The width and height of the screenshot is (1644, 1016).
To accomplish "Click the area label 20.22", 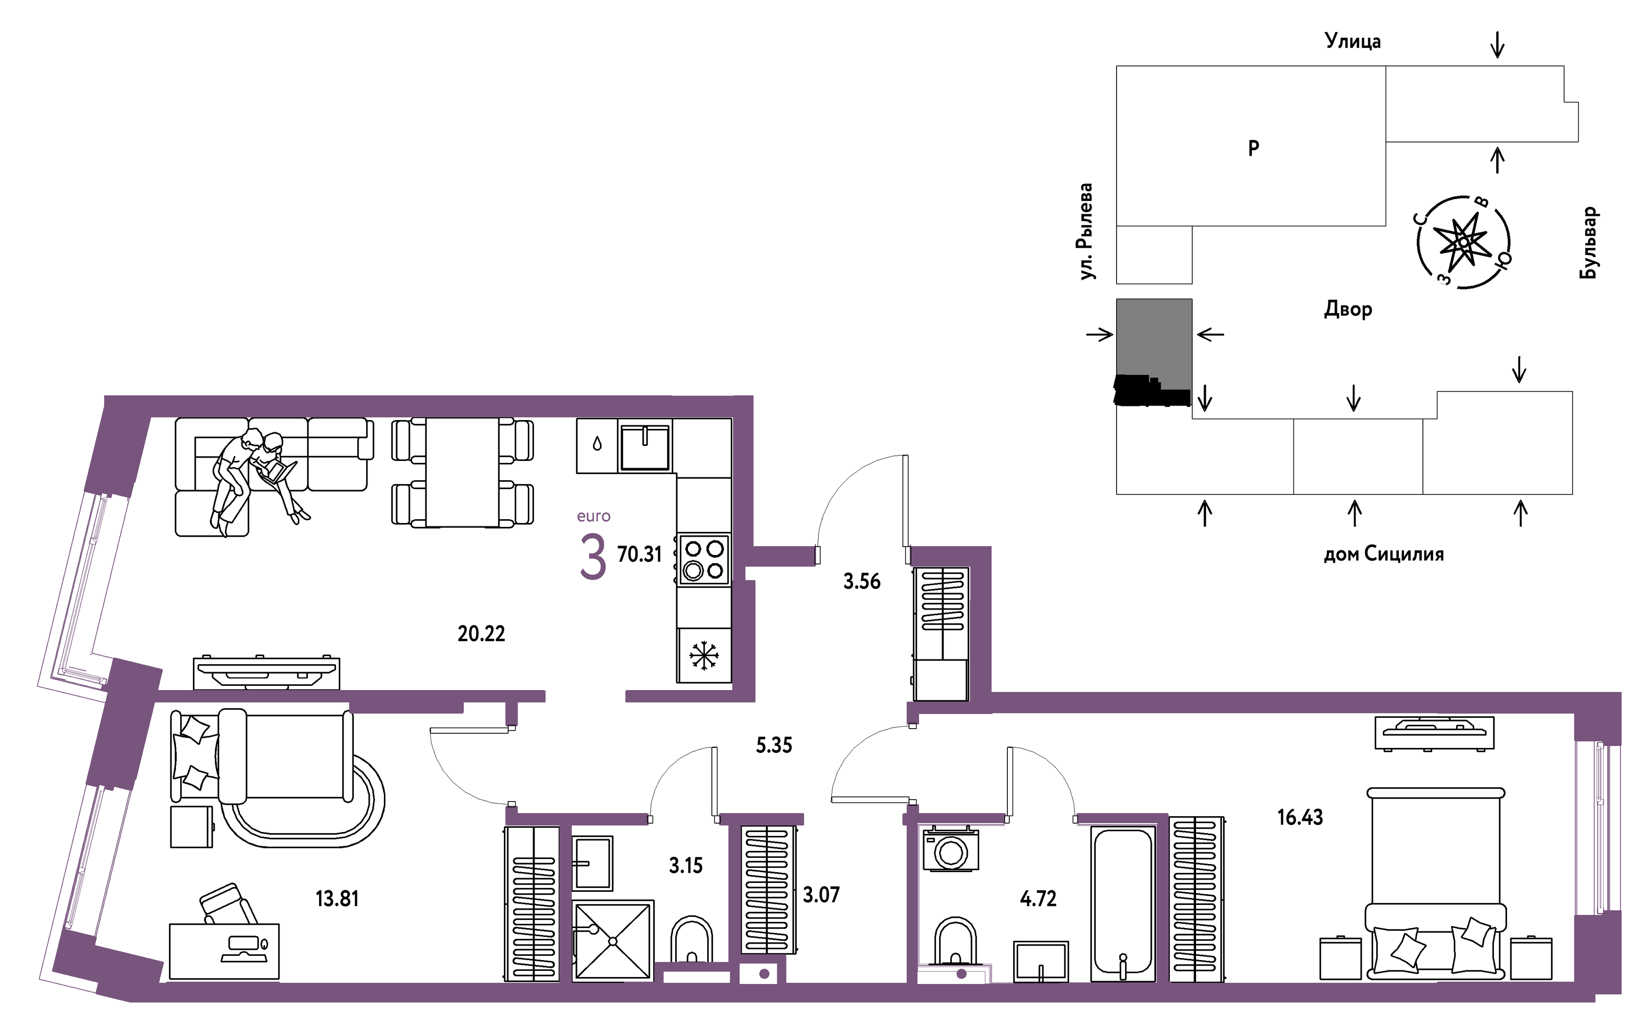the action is [481, 634].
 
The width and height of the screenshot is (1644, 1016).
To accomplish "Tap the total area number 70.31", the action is [639, 555].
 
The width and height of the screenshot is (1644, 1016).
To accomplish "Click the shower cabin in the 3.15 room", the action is [612, 941].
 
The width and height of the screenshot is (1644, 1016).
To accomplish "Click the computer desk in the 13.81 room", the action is [224, 951].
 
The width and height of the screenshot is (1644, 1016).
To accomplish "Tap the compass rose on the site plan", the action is [1464, 242].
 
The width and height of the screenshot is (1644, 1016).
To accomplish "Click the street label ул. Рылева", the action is [1085, 231].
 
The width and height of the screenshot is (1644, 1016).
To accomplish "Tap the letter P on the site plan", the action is [1253, 148].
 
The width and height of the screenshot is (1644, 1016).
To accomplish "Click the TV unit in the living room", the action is [266, 673].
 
